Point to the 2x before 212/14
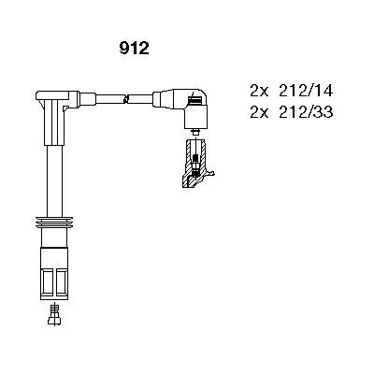pyautogui.click(x=258, y=92)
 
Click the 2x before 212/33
pyautogui.click(x=258, y=112)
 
